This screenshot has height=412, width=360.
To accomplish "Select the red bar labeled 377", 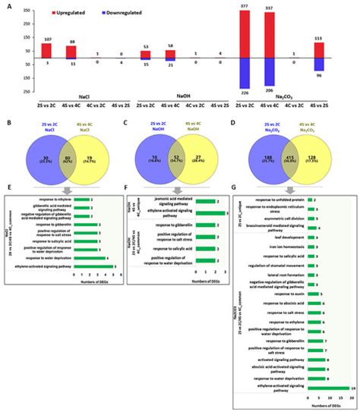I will point(245,33).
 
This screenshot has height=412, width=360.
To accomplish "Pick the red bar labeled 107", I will point(46,49).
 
